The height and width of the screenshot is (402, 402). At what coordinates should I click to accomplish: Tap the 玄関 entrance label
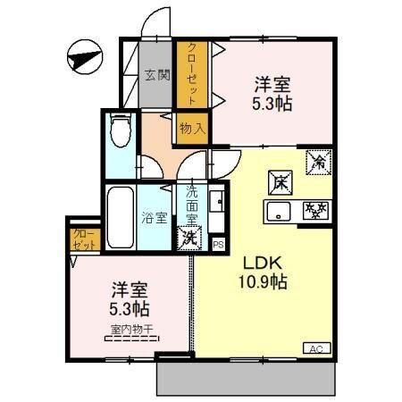158,76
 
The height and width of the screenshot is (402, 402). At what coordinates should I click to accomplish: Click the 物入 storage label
192,128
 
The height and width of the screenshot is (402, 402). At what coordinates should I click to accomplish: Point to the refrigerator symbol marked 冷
317,162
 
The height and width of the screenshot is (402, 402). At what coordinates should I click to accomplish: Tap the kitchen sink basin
278,213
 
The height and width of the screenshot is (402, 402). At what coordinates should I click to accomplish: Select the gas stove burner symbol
314,212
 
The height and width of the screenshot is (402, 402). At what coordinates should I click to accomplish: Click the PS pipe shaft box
218,241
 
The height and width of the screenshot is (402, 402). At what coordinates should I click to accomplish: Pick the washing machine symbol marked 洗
189,238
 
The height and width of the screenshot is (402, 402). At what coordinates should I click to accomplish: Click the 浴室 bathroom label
155,216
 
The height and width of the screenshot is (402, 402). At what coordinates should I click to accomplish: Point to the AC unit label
317,348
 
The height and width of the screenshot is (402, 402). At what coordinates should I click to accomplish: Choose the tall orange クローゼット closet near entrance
191,76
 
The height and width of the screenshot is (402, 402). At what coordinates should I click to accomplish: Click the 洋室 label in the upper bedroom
272,85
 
